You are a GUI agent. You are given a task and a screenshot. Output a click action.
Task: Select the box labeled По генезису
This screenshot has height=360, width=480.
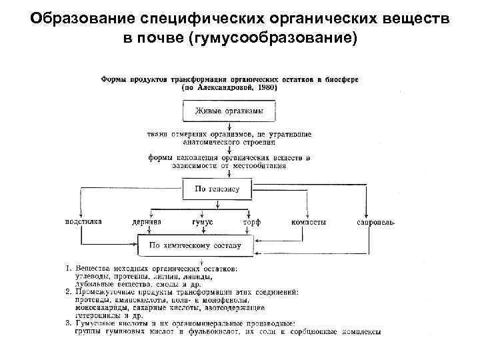pos(217,189)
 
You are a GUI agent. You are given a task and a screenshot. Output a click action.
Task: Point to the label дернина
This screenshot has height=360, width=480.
pos(145,221)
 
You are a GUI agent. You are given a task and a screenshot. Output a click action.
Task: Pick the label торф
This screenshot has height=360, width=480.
pos(251,221)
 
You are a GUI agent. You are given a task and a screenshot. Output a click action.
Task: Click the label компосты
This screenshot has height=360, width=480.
pos(308,221)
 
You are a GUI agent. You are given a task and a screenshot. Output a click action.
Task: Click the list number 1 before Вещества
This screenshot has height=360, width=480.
pos(67,268)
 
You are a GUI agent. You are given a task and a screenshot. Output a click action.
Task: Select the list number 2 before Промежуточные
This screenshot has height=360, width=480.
pos(67,292)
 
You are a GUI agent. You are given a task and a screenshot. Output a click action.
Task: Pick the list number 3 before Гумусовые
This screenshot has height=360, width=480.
pos(67,324)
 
